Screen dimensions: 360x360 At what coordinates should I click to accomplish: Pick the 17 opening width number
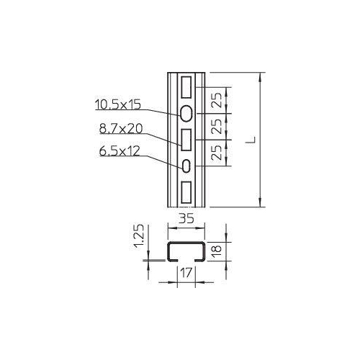coord(185,274)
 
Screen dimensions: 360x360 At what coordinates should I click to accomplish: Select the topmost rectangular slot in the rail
coord(186,86)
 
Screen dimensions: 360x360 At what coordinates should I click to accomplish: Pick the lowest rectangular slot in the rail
coord(186,193)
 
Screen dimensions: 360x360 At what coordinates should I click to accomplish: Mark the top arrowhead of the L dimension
coord(259,76)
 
